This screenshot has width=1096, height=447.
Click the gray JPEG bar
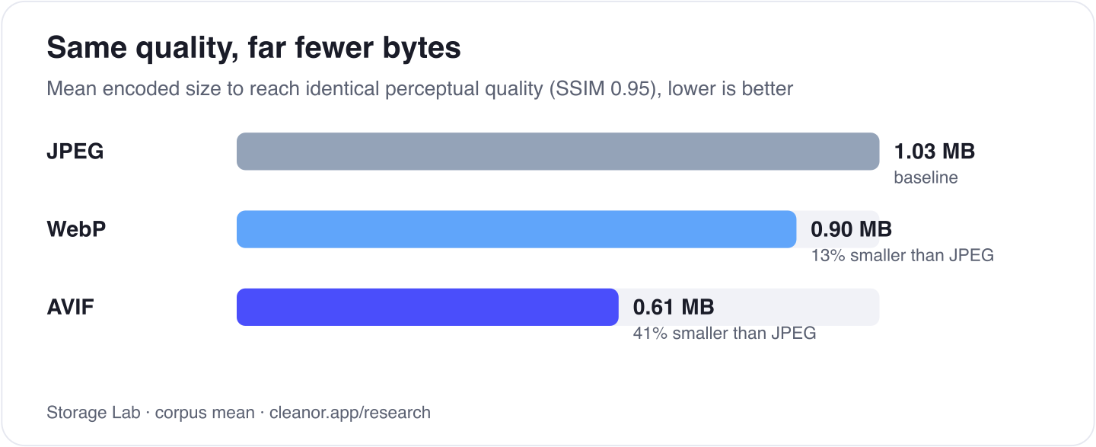(x=558, y=152)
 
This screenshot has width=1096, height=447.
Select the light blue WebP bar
(x=516, y=229)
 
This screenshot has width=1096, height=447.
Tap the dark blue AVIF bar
(x=428, y=307)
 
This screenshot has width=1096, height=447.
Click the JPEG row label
(x=75, y=152)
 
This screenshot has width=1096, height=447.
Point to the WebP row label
(x=76, y=229)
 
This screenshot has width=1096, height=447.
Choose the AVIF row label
(x=71, y=307)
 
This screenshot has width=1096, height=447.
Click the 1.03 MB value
(x=934, y=152)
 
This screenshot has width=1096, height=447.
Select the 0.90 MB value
(x=851, y=229)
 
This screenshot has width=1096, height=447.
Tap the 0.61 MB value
(x=674, y=307)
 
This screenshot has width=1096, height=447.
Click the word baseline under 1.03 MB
(x=926, y=177)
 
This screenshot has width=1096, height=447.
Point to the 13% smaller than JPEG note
(x=902, y=255)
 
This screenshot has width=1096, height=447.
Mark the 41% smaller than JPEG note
(x=724, y=333)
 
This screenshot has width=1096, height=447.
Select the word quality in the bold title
(x=187, y=49)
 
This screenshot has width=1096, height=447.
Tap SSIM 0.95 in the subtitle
(x=605, y=89)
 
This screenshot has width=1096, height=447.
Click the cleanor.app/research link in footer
(x=350, y=413)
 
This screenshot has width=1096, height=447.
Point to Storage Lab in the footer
(x=94, y=413)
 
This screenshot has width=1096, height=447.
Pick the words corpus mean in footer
(x=205, y=413)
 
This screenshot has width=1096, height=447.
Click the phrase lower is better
(x=730, y=88)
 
